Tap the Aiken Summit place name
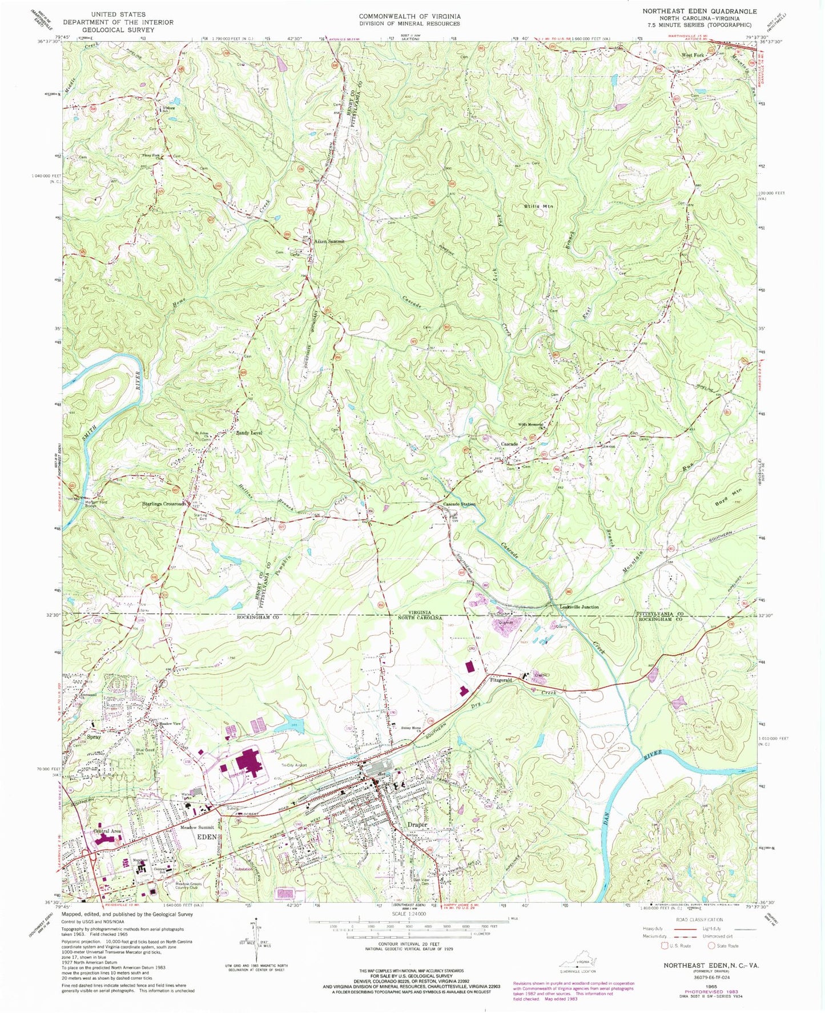pyautogui.click(x=330, y=241)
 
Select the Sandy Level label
pyautogui.click(x=249, y=433)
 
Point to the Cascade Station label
pyautogui.click(x=460, y=505)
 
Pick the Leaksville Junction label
pyautogui.click(x=579, y=607)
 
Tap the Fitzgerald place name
pyautogui.click(x=502, y=681)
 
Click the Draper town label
pyautogui.click(x=417, y=825)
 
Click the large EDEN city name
pyautogui.click(x=207, y=837)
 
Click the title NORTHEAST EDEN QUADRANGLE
pyautogui.click(x=691, y=11)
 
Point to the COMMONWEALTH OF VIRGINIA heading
pyautogui.click(x=409, y=17)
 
